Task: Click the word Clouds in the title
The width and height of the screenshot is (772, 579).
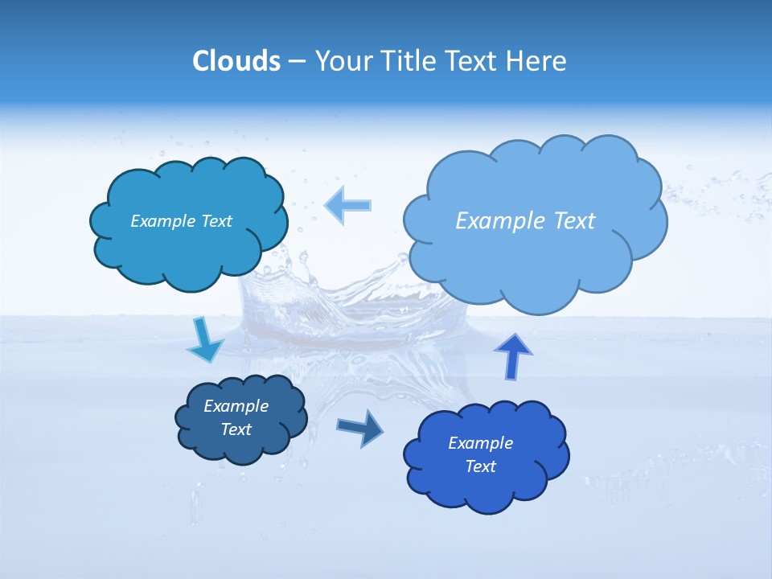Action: click(236, 61)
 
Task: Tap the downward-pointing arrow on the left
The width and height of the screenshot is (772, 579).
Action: click(204, 342)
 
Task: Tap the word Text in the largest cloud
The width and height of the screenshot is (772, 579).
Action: click(574, 220)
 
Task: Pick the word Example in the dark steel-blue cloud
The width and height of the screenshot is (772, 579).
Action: click(236, 406)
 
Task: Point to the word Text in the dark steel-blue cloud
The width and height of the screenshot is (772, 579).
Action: click(236, 429)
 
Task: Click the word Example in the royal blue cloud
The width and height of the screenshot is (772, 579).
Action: click(480, 443)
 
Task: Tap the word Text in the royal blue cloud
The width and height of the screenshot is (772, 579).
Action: click(480, 466)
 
